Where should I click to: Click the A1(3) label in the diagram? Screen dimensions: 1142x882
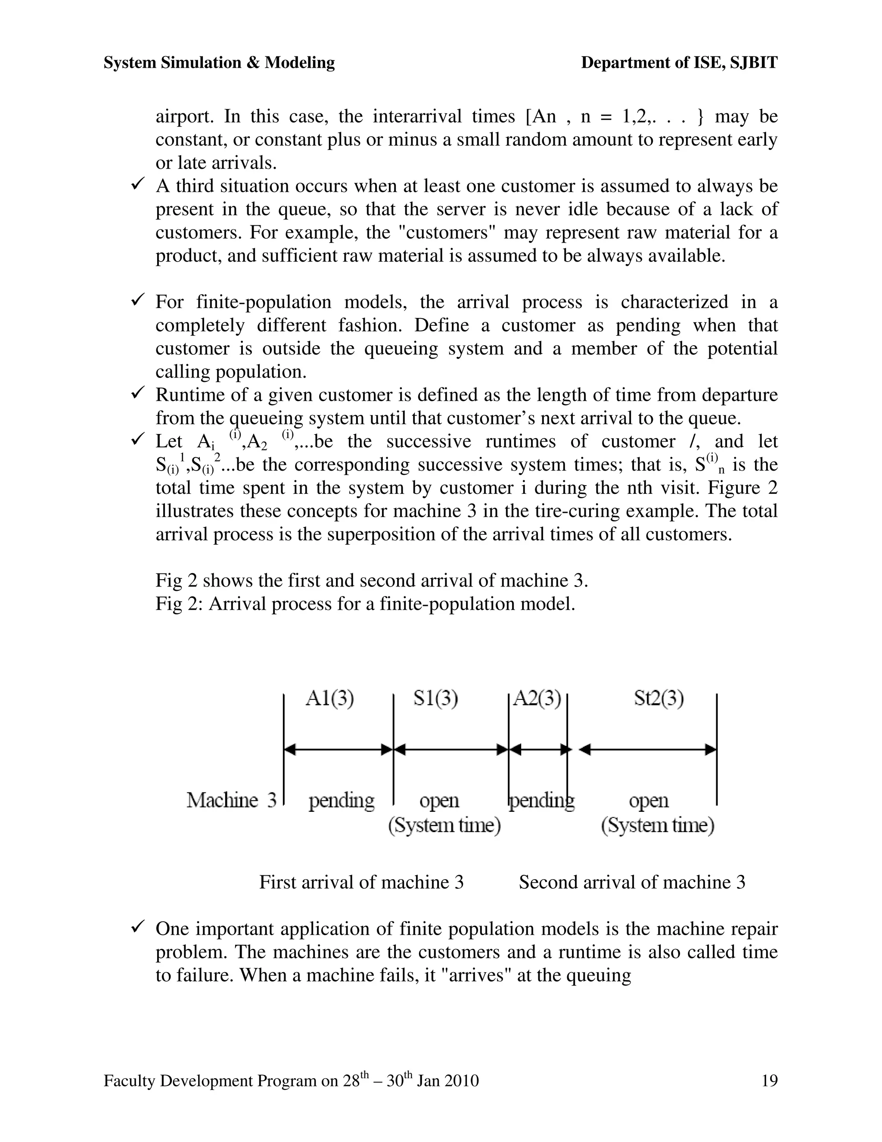[330, 699]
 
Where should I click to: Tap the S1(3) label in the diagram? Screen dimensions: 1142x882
[436, 699]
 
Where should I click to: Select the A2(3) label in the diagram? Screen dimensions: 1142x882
[537, 699]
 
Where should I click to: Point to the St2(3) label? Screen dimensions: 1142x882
[659, 699]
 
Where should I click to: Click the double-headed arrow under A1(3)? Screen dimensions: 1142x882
[338, 750]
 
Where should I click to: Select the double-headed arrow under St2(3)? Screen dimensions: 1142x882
[648, 750]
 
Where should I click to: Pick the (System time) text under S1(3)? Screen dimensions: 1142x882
[444, 825]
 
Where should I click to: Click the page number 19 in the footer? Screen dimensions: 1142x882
[770, 1080]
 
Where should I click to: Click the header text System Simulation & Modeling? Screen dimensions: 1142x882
[219, 63]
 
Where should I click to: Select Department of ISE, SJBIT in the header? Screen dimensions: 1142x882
[679, 63]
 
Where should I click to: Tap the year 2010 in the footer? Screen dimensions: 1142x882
[461, 1081]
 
